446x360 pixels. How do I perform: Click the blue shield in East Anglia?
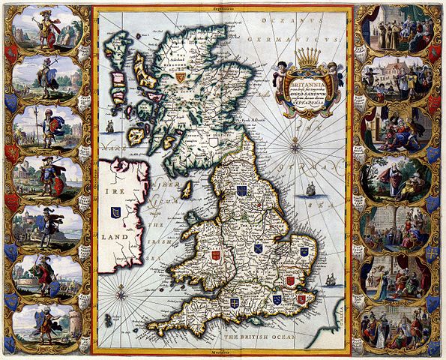pos(304,252)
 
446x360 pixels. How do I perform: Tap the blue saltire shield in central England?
pos(258,247)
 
